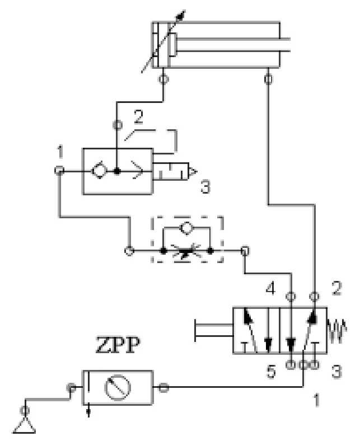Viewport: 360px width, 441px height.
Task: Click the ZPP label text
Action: click(x=118, y=345)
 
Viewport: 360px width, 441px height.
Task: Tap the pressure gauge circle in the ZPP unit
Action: click(x=118, y=388)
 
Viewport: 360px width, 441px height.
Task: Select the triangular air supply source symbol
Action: click(x=25, y=426)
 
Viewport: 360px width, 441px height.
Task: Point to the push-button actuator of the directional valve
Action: click(x=214, y=330)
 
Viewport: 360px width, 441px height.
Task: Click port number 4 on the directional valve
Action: click(x=270, y=288)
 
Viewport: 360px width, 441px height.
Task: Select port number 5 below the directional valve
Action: click(x=271, y=371)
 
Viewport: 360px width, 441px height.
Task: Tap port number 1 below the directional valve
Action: click(x=317, y=400)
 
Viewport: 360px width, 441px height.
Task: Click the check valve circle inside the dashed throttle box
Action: click(x=186, y=227)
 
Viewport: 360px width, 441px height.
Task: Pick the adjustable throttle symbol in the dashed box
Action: click(x=186, y=251)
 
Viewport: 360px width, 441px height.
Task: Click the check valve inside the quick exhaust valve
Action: click(x=99, y=171)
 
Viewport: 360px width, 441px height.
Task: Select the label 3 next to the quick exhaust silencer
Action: click(x=205, y=187)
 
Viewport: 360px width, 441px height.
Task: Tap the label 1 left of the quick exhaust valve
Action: click(x=60, y=152)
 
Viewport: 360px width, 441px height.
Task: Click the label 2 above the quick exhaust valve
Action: click(x=138, y=117)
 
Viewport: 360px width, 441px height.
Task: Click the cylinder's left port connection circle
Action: click(x=163, y=79)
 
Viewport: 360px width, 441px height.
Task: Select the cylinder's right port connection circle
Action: click(x=269, y=79)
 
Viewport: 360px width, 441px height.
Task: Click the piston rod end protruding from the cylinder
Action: click(x=285, y=45)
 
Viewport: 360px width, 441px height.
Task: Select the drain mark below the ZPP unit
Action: click(x=88, y=411)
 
